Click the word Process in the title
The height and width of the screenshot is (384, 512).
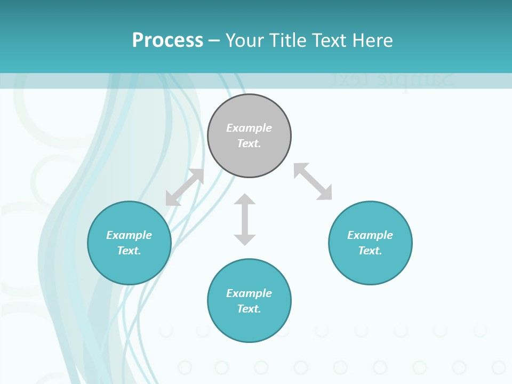pos(167,41)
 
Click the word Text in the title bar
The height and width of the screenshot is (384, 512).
pos(329,41)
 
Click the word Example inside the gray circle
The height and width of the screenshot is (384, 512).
pos(249,128)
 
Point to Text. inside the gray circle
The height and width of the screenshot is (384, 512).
pos(249,143)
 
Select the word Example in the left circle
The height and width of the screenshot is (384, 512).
pos(129,235)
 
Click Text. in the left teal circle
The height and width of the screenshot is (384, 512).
pos(129,251)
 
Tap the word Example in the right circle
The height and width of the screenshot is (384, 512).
pos(370,235)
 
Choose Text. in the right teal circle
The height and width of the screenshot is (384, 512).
pos(370,251)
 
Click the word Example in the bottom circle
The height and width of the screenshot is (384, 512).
pos(249,293)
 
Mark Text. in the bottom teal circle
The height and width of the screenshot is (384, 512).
pos(249,309)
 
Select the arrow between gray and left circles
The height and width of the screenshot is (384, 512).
pos(185,187)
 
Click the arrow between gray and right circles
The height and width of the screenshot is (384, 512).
pos(313,181)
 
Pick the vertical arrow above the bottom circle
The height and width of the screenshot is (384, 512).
pos(245,219)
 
